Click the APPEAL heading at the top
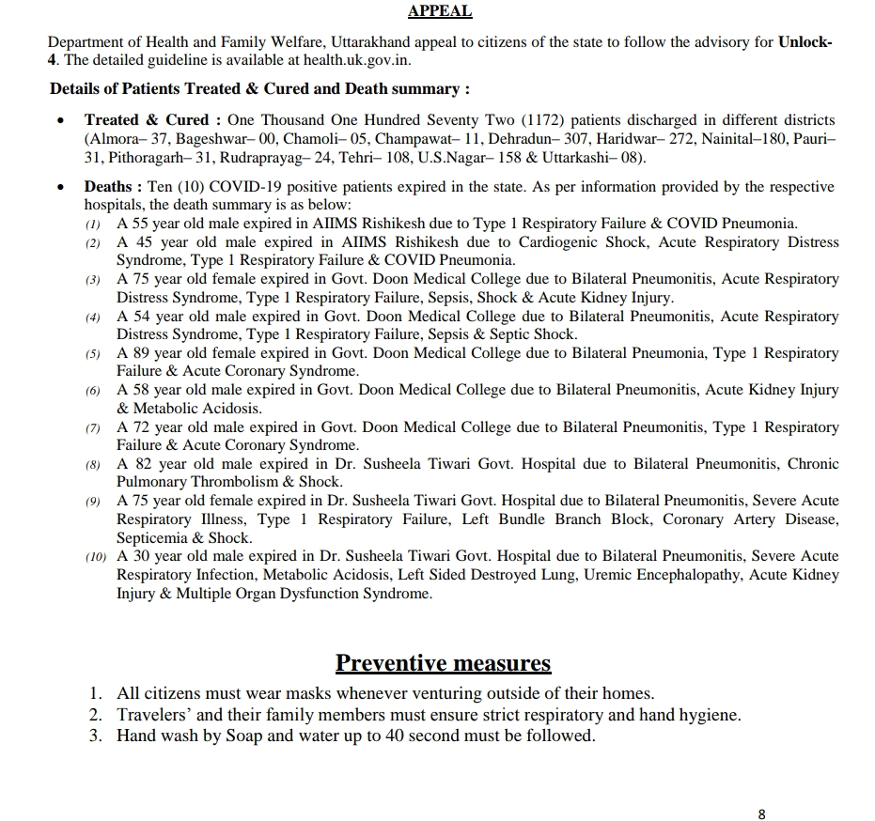(x=440, y=12)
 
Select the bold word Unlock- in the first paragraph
(x=805, y=42)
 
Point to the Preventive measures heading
(x=443, y=663)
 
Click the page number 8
(x=761, y=813)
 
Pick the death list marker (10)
(x=95, y=557)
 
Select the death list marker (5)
(x=92, y=354)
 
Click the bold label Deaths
(x=113, y=187)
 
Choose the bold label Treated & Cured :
(x=153, y=120)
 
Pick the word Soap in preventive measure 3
(x=244, y=736)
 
